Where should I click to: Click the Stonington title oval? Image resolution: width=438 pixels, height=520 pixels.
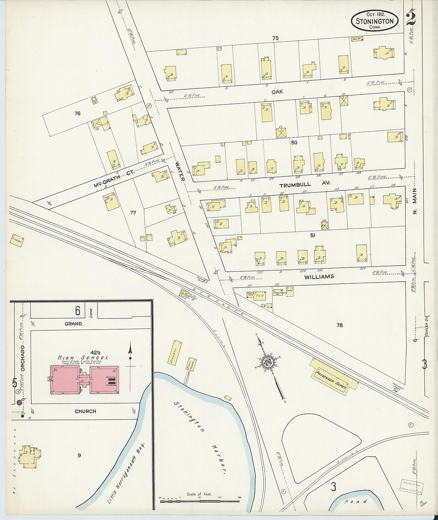[x=375, y=21]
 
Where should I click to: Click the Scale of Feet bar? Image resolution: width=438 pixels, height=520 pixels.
[x=199, y=500]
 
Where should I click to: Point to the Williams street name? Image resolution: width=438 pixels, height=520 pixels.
[x=319, y=277]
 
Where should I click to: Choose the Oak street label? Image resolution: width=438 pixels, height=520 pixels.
[x=277, y=92]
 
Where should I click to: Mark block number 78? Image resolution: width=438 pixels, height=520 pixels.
[x=339, y=325]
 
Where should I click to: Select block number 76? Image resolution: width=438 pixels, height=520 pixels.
[x=77, y=114]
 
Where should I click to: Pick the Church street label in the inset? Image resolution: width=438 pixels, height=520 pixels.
[x=85, y=411]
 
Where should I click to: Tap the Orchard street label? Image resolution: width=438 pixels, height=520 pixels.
[x=23, y=357]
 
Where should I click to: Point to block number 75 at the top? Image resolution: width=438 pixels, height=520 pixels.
[x=275, y=38]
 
